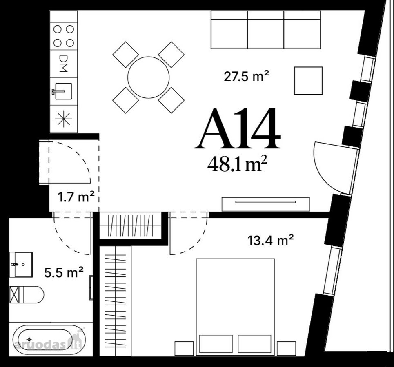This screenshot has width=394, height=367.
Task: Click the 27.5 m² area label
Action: click(x=246, y=76)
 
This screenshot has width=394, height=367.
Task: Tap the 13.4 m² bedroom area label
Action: click(x=270, y=240)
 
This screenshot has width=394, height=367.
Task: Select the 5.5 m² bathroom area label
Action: click(x=64, y=272)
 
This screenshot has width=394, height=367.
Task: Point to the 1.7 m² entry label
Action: click(x=76, y=197)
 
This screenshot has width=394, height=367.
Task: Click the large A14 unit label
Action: click(x=238, y=128)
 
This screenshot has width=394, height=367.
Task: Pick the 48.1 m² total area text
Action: click(x=237, y=164)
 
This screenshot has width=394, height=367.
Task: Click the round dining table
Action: click(x=149, y=77)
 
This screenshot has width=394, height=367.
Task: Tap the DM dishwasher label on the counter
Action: click(x=63, y=64)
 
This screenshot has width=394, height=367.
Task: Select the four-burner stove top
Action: click(x=64, y=36)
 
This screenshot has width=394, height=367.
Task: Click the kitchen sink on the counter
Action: click(x=62, y=91)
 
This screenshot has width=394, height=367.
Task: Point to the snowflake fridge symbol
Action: click(x=64, y=119)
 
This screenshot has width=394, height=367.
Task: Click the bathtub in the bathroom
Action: click(x=49, y=340)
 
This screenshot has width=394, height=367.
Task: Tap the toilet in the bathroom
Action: click(x=27, y=294)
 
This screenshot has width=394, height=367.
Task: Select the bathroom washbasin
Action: click(x=21, y=265)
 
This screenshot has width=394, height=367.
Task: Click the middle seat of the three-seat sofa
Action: click(x=266, y=30)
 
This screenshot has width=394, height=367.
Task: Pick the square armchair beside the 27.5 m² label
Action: click(x=308, y=81)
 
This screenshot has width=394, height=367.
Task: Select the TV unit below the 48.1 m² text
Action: click(x=266, y=204)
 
